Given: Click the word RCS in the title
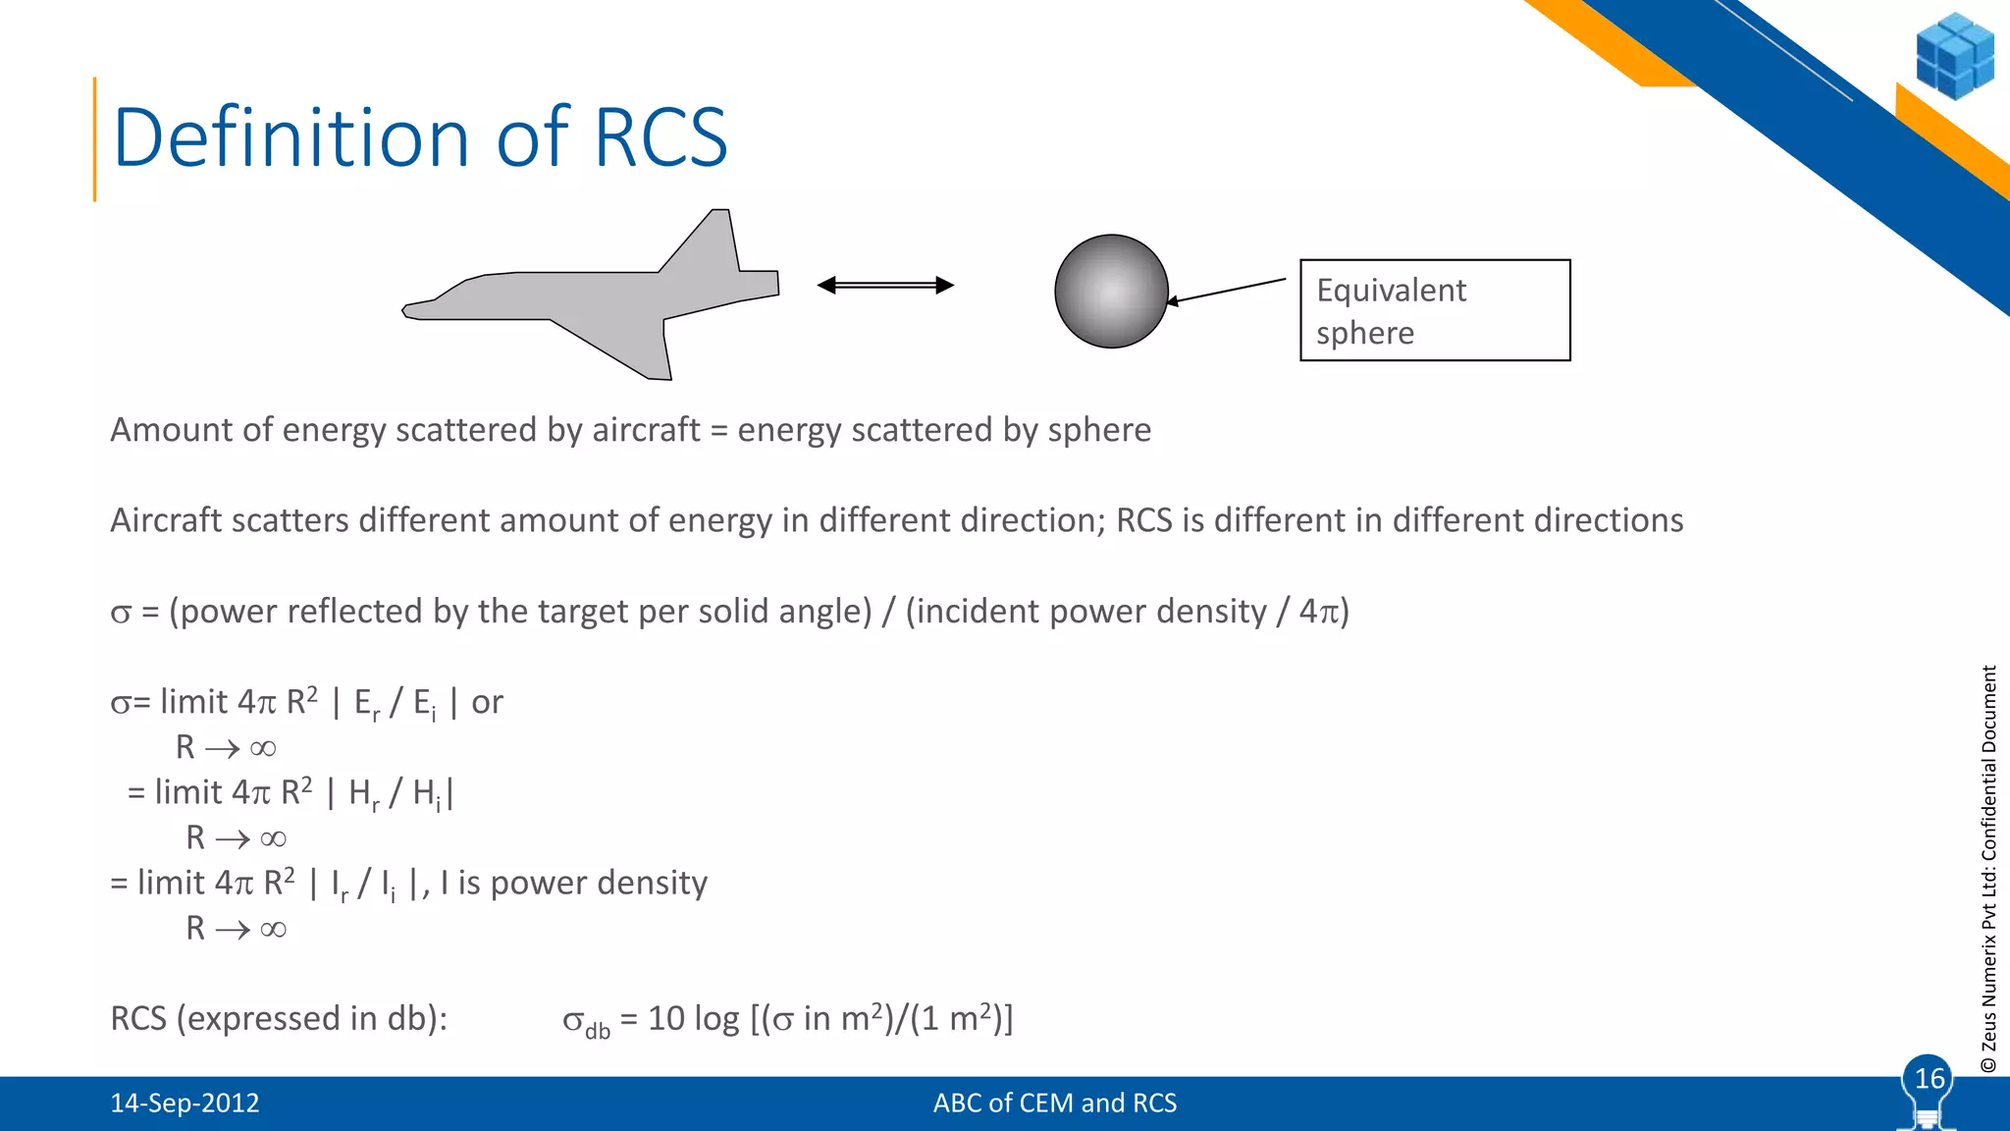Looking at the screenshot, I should tap(661, 137).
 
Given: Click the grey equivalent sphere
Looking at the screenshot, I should tap(1111, 292).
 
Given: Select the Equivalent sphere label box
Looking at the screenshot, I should tap(1434, 310).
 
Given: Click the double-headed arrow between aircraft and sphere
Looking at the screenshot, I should tap(885, 286).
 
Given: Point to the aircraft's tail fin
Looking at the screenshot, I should tap(714, 241).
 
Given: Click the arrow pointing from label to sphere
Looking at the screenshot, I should tap(1226, 292).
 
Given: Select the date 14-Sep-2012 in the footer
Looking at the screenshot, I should tap(185, 1104).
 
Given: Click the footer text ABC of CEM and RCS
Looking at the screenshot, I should tap(1054, 1104).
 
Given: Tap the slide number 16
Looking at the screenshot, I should tap(1929, 1079).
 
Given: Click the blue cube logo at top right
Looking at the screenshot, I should tap(1954, 56).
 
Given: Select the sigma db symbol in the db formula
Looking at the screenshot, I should tap(585, 1021).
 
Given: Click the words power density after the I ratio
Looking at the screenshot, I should tap(598, 883).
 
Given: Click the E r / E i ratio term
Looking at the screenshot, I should tap(395, 703).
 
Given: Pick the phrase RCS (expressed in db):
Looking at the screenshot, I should tap(279, 1019).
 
